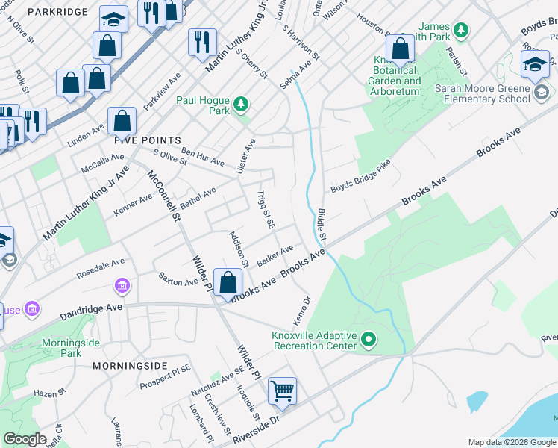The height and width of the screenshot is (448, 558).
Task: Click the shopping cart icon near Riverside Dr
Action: [283, 391]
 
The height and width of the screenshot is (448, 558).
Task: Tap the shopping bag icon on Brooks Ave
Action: [228, 282]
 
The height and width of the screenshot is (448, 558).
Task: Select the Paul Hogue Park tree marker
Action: [240, 105]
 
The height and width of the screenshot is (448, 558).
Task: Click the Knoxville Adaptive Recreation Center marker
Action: [369, 340]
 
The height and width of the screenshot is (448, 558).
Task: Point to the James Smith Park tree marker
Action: [463, 30]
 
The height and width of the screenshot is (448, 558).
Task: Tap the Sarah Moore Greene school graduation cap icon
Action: [535, 65]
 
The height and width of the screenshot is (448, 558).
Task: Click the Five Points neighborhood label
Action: [148, 140]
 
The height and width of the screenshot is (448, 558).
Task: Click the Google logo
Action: [25, 439]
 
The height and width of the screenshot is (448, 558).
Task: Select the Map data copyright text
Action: [512, 442]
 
